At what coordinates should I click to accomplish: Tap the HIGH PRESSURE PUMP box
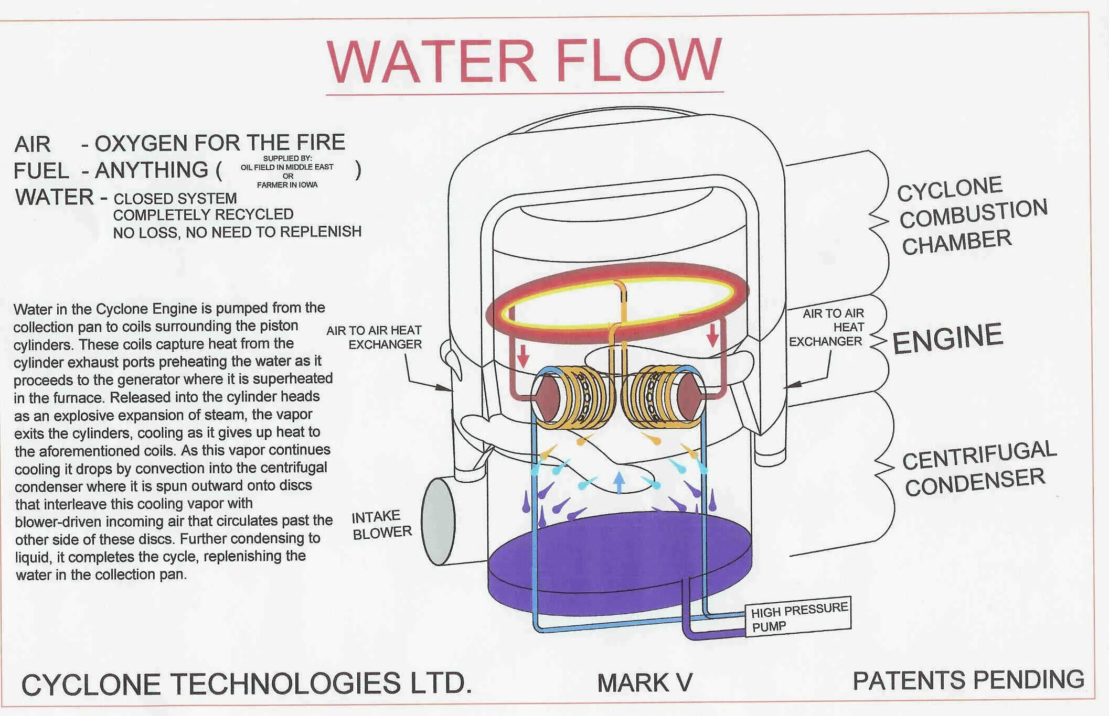[x=798, y=617]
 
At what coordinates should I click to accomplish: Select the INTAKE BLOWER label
[x=381, y=525]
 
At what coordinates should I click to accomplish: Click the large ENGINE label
[x=947, y=338]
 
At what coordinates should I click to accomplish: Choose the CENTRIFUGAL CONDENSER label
[x=979, y=468]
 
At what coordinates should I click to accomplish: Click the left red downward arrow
[x=522, y=356]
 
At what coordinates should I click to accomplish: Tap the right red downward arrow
[x=712, y=335]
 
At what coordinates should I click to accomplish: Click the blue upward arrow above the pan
[x=619, y=481]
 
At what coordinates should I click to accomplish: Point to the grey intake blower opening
[x=438, y=521]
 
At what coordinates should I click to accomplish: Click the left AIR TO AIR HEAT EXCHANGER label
[x=374, y=338]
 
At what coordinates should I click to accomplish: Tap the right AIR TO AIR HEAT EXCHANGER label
[x=827, y=328]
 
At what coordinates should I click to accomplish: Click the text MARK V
[x=645, y=683]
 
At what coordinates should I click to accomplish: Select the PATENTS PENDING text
[x=968, y=680]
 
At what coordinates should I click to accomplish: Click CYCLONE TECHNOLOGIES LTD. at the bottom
[x=247, y=684]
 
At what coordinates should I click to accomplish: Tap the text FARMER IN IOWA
[x=287, y=185]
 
